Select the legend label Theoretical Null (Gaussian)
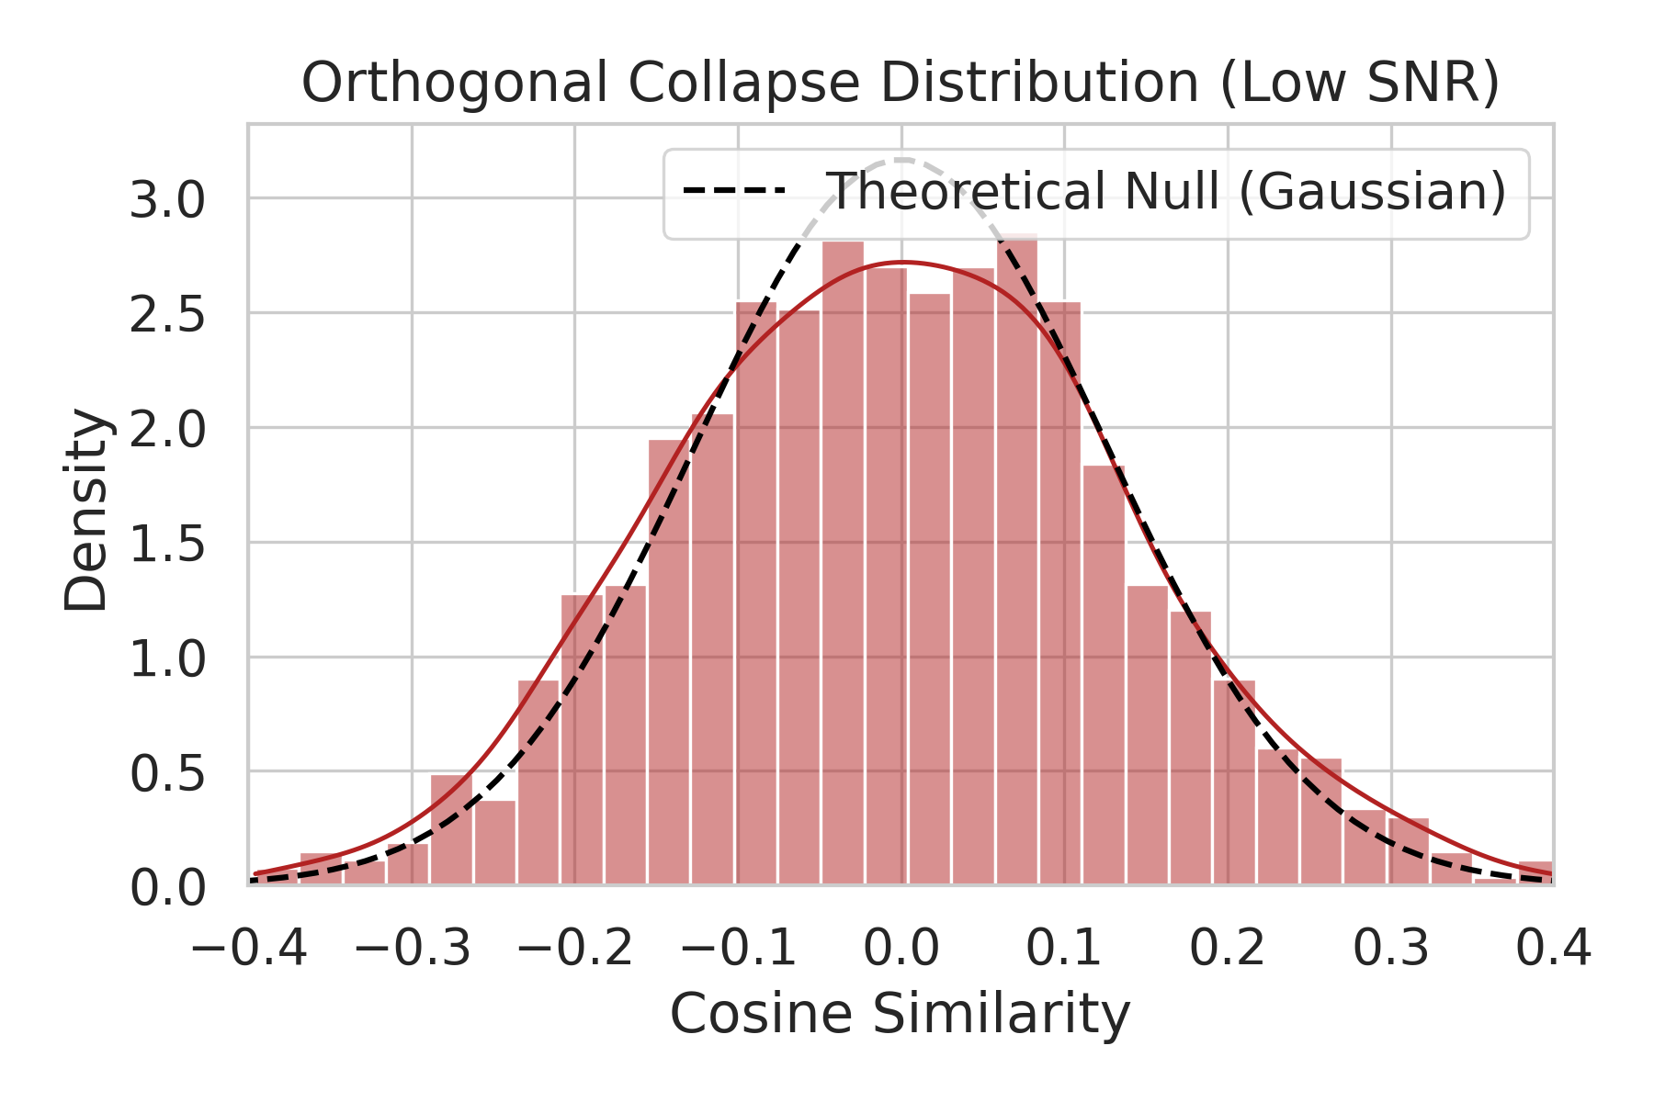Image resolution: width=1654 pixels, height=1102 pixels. (1167, 192)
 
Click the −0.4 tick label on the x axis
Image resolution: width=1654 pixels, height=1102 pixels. (248, 948)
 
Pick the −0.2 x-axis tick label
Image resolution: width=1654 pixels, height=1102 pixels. (575, 948)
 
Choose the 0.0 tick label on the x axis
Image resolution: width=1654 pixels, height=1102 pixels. (901, 948)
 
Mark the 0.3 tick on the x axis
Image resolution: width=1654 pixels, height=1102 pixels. (1392, 948)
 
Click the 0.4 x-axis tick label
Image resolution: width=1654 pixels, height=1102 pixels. (1553, 948)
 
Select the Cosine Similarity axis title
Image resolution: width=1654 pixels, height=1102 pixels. (900, 1015)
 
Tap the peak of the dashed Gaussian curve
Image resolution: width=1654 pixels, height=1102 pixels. (901, 161)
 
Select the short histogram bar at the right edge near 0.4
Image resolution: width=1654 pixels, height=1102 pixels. (1536, 872)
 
